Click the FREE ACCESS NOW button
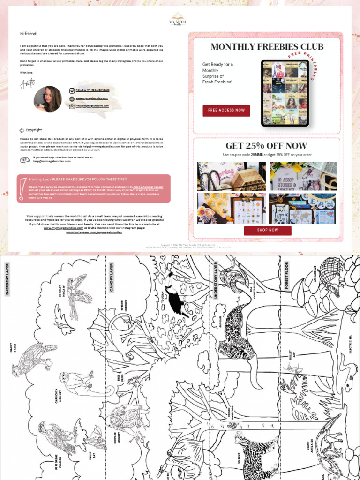(226, 111)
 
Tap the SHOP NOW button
(267, 230)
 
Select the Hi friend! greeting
(28, 34)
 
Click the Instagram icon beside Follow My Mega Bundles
(72, 90)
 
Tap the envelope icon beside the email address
(72, 106)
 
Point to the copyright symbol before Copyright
(22, 130)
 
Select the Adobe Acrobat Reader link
(149, 186)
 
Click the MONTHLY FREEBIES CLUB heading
(267, 46)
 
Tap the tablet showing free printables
(285, 93)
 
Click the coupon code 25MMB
(256, 155)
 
